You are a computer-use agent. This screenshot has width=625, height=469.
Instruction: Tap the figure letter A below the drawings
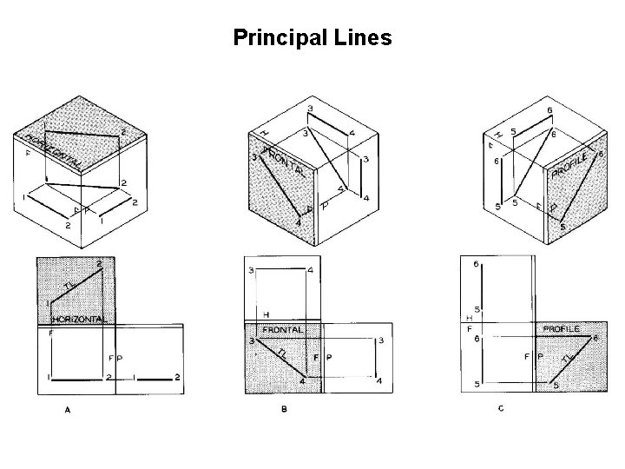click(x=67, y=412)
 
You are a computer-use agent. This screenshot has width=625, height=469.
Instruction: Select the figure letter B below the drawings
click(x=284, y=410)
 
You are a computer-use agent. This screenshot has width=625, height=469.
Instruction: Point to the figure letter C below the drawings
click(x=501, y=409)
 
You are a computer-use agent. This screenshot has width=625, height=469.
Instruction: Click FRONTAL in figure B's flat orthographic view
click(x=282, y=331)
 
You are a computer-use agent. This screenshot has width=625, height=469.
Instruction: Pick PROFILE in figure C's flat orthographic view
click(x=563, y=330)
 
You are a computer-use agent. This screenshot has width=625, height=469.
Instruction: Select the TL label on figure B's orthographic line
click(x=281, y=353)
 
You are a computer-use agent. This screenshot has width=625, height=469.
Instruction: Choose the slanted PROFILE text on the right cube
click(x=574, y=163)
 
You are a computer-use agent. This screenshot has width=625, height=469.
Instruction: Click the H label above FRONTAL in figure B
click(x=266, y=314)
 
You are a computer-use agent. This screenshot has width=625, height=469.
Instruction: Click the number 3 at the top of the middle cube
click(x=311, y=107)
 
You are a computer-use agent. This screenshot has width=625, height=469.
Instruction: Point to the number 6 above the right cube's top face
click(x=548, y=110)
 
